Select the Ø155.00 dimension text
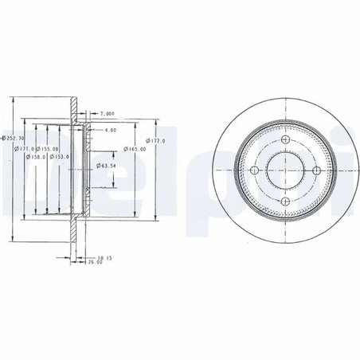point(48,148)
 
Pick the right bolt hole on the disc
point(317,170)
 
